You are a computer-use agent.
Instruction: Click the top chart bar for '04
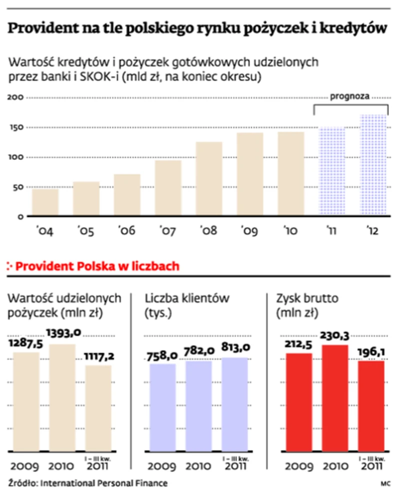45,202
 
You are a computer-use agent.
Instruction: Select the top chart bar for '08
209,179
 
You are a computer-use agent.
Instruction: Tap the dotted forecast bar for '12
373,165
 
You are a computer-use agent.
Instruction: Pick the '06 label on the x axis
127,231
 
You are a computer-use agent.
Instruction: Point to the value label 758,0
162,356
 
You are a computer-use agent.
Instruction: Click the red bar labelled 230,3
335,397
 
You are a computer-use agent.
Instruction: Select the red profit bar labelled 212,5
299,402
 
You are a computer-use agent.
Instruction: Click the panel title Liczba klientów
187,298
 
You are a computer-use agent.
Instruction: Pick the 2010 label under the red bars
335,466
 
